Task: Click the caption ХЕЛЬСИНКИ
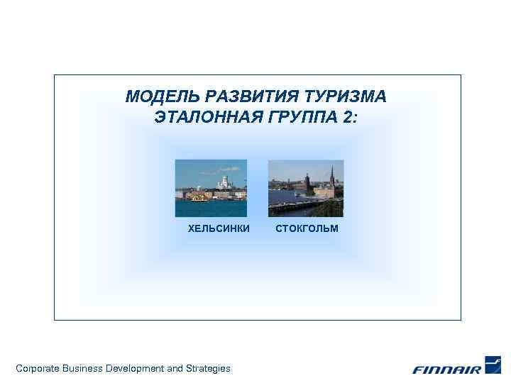point(219,228)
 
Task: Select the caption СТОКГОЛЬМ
point(307,228)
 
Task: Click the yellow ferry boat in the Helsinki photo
point(199,199)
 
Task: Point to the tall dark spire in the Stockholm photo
point(331,174)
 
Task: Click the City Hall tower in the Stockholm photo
point(309,179)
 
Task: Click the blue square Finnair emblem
point(493,365)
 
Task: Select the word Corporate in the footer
point(37,368)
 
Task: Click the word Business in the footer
point(82,368)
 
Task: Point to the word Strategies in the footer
point(208,368)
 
